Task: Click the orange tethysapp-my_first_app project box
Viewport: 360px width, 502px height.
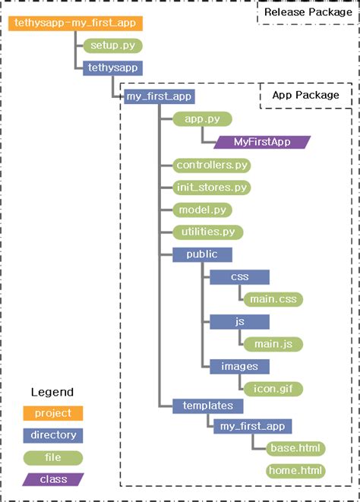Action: [x=75, y=24]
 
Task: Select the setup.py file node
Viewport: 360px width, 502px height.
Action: [x=112, y=46]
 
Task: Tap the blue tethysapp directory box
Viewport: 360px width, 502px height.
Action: [x=112, y=68]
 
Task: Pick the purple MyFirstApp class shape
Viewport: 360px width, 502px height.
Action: [x=263, y=142]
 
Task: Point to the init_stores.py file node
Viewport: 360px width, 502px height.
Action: [x=212, y=187]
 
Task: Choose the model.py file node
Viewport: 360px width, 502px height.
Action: [x=201, y=210]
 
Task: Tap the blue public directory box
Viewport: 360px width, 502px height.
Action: [x=201, y=254]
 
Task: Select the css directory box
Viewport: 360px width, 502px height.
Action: [x=240, y=277]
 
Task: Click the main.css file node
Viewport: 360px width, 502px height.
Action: [x=273, y=299]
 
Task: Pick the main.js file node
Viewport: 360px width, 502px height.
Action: [x=273, y=344]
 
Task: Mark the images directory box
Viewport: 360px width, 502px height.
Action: [x=240, y=367]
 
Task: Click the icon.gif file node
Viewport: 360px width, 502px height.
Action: [x=273, y=389]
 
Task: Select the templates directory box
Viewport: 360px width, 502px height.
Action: [x=207, y=406]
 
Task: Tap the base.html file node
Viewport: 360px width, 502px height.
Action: [x=295, y=448]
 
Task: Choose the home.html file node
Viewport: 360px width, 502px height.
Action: [x=295, y=471]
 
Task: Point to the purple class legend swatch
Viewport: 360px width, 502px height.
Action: [x=53, y=479]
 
